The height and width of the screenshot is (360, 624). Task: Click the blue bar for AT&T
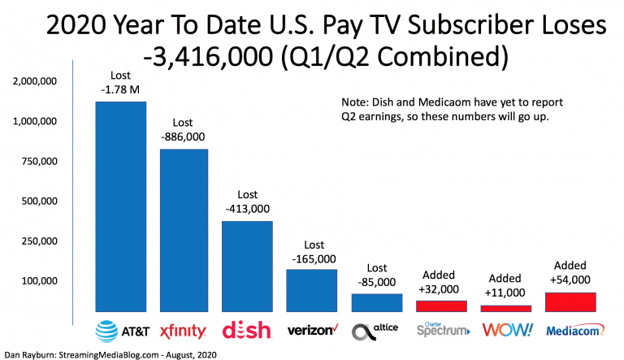[121, 206]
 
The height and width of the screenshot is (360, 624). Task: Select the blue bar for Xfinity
[184, 230]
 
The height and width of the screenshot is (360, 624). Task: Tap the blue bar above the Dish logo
[248, 266]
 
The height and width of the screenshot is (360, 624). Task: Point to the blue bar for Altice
[376, 302]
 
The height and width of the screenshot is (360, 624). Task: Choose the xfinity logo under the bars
[184, 331]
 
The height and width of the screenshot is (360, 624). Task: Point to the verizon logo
[312, 331]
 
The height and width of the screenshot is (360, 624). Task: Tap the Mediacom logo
[572, 331]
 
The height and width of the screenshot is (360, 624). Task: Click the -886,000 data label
[184, 137]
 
